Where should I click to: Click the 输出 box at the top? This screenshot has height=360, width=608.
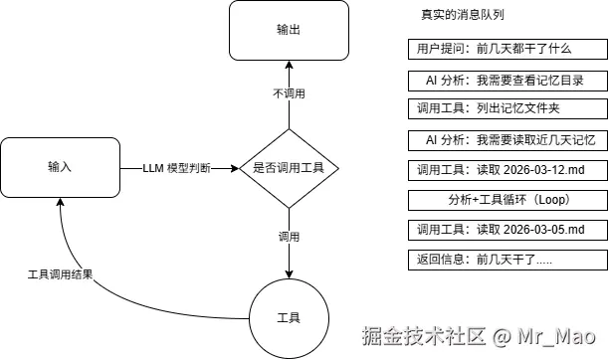pos(289,30)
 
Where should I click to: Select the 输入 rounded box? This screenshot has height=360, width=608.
pos(59,166)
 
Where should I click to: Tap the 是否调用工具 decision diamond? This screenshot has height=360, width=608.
pos(289,167)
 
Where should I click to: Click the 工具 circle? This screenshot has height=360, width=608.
pos(289,317)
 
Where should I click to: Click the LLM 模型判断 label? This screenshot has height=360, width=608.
pos(177,167)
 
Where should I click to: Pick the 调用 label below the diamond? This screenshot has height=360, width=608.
pos(289,238)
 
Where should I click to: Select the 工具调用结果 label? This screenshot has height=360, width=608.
pos(60,273)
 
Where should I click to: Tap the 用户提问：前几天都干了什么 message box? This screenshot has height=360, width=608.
pos(506,49)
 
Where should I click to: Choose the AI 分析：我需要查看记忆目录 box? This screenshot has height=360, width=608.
pos(506,80)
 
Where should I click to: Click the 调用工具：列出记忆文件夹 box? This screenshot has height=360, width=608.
pos(506,108)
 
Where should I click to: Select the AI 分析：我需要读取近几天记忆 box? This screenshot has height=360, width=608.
pos(506,139)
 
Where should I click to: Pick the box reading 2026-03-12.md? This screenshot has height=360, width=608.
pos(506,170)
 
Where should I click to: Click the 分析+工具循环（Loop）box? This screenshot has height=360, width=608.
pos(506,200)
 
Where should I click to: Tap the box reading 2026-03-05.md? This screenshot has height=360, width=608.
pos(506,231)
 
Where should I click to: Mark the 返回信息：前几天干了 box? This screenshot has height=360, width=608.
pos(506,261)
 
